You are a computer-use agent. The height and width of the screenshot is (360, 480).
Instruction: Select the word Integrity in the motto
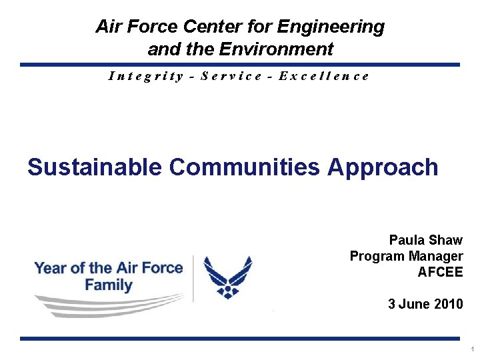[x=146, y=76]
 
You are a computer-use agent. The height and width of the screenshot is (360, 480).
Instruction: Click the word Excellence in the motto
[x=324, y=76]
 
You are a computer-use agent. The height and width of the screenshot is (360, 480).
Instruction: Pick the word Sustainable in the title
[x=95, y=167]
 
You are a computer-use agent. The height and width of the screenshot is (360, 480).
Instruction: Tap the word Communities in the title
[x=245, y=167]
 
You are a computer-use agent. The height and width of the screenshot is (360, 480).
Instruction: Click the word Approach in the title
[x=383, y=167]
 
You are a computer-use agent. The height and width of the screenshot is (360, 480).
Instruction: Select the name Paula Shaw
[x=425, y=240]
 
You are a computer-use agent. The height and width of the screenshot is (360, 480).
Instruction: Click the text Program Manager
[x=406, y=256]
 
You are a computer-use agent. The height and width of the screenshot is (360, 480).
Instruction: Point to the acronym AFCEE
[x=440, y=272]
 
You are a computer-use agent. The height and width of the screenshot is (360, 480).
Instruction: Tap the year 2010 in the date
[x=447, y=305]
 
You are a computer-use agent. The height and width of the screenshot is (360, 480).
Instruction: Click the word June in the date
[x=414, y=305]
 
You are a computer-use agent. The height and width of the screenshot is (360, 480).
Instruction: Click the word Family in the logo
[x=109, y=285]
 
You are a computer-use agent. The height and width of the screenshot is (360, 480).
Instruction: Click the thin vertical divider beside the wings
[x=193, y=278]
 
